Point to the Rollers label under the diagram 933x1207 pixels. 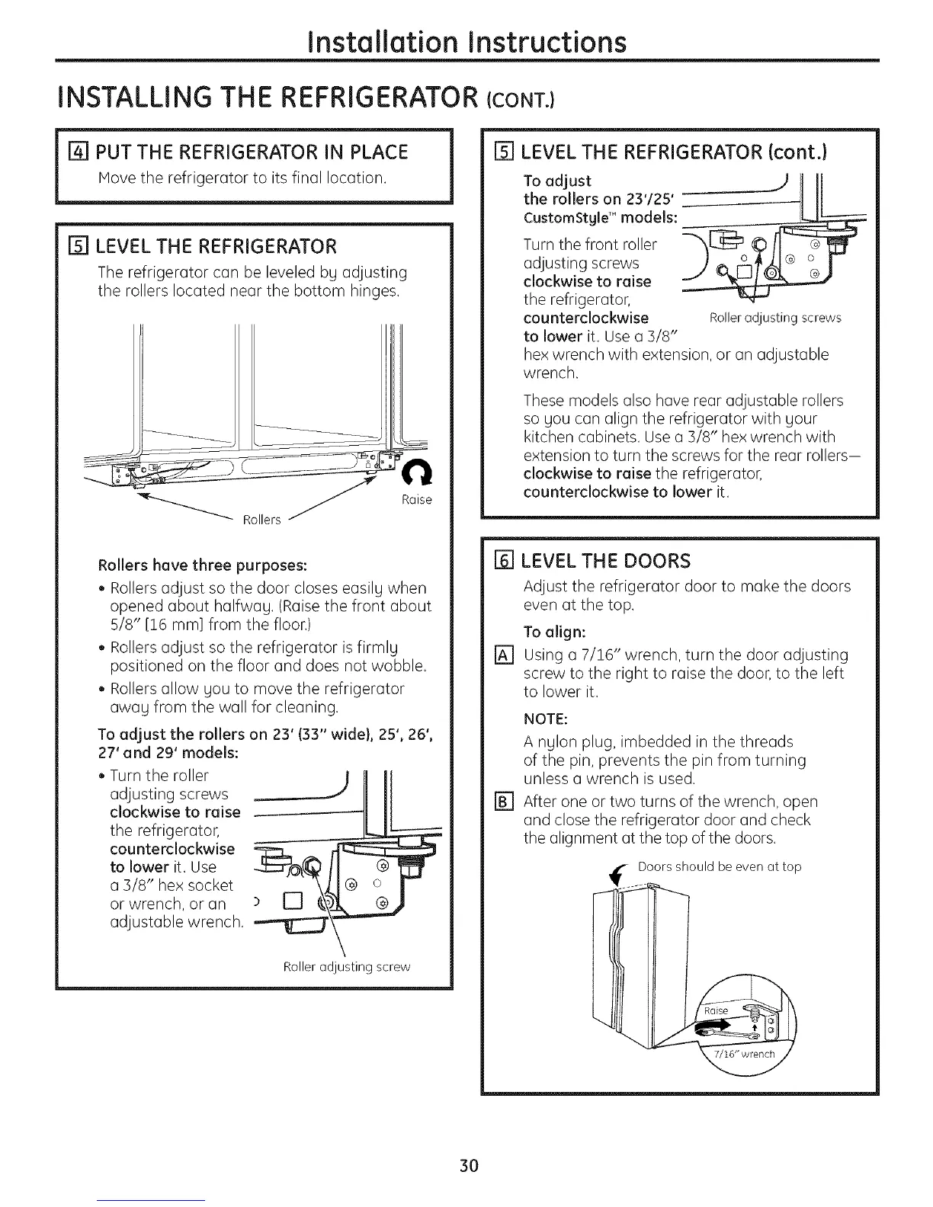click(x=261, y=520)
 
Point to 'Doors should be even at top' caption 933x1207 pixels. click(x=719, y=866)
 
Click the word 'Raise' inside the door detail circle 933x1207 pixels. click(x=717, y=1010)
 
